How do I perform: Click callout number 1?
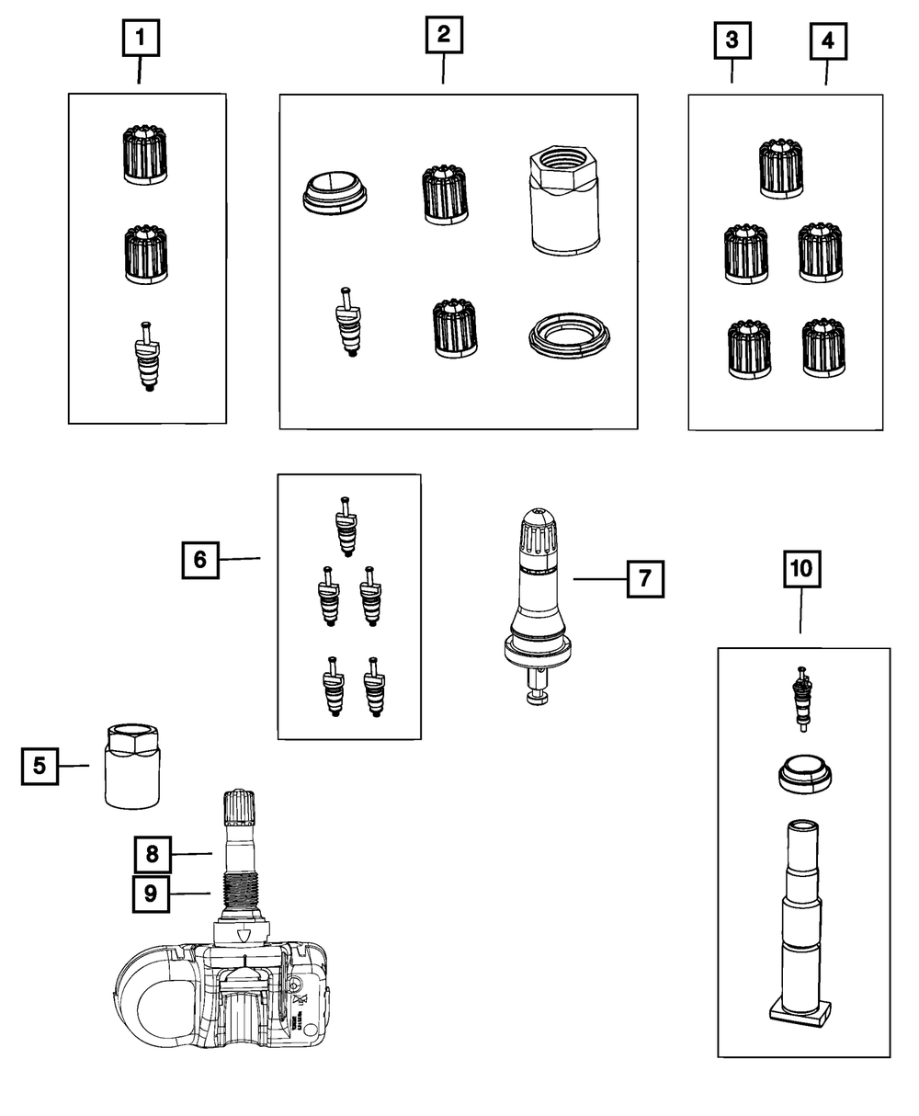click(140, 39)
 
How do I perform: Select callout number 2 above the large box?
click(444, 36)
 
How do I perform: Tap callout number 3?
click(732, 40)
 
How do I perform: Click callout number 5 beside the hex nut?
click(40, 765)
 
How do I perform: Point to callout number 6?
click(200, 558)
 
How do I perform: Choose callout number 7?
click(645, 578)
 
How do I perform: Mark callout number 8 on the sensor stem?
click(152, 854)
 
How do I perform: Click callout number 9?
click(152, 893)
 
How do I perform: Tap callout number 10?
click(801, 569)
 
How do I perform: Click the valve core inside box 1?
click(146, 358)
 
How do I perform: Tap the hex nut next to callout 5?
click(129, 765)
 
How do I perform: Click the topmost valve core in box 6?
click(346, 526)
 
